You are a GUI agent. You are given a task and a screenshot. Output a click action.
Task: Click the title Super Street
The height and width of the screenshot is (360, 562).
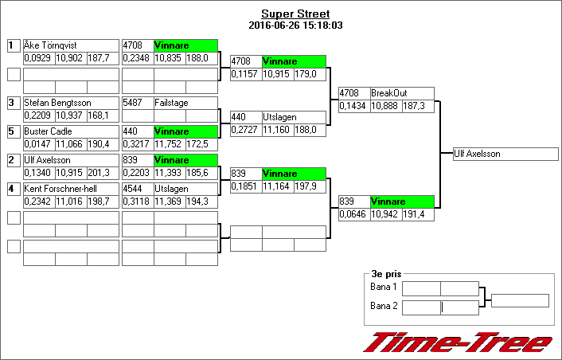point(295,14)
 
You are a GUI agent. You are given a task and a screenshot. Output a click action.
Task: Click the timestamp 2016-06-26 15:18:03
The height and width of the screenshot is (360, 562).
point(295,25)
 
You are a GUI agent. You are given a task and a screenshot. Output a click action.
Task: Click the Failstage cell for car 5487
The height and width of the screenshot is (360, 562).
point(185,103)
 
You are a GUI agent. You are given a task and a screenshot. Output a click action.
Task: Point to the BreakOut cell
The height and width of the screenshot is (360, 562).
point(402,93)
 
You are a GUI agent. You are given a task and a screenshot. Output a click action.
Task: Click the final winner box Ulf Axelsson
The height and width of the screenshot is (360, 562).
point(505,154)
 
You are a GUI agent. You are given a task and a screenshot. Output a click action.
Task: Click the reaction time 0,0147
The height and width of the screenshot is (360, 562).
point(38,144)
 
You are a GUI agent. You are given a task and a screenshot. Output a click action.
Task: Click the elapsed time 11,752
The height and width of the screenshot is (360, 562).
point(169,144)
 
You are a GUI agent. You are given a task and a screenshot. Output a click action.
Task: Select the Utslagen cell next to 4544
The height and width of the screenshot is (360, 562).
point(185,189)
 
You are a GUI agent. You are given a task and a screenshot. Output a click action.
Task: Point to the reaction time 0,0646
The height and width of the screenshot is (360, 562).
point(354,214)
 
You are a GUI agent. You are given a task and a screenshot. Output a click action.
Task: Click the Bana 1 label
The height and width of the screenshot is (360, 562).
point(384,287)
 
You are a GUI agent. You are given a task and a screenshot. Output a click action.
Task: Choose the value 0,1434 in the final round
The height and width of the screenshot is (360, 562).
point(354,106)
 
